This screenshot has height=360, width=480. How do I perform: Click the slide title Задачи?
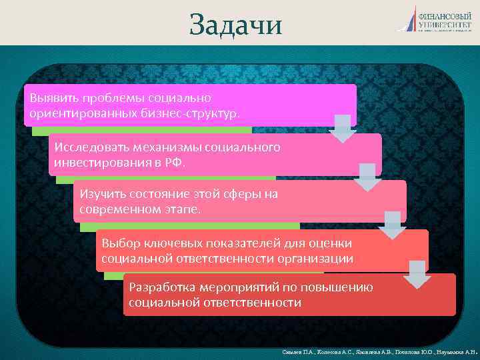pyautogui.click(x=236, y=25)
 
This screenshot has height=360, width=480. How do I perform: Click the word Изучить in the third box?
pyautogui.click(x=101, y=194)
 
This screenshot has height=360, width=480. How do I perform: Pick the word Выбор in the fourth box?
pyautogui.click(x=118, y=243)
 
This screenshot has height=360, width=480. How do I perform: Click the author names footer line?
pyautogui.click(x=377, y=351)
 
